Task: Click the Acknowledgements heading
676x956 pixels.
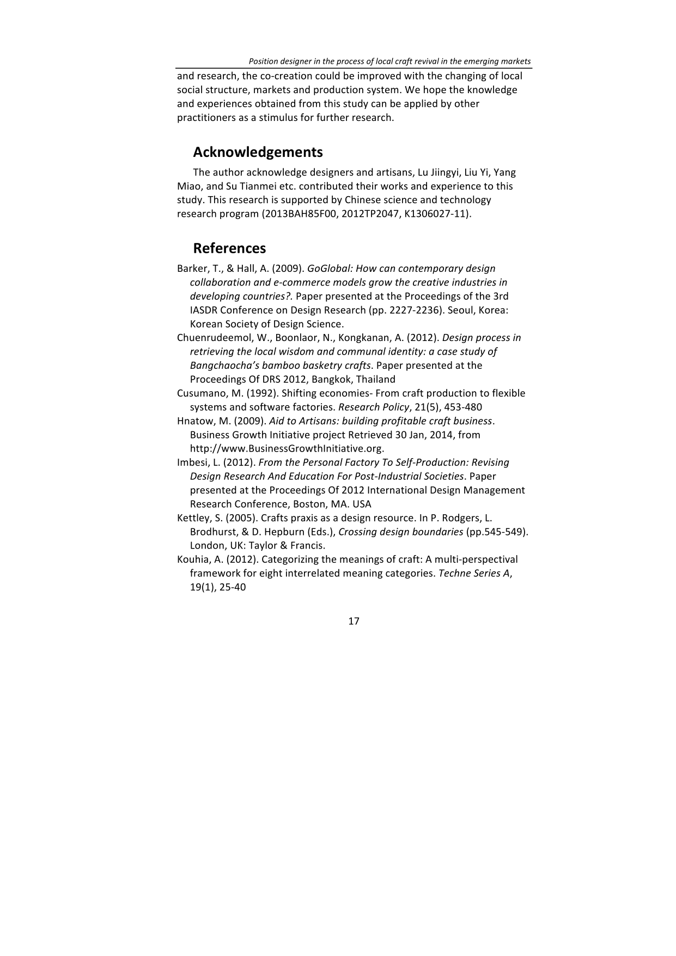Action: point(258,152)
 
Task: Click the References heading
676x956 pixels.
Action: point(229,248)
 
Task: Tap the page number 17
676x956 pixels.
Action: point(354,621)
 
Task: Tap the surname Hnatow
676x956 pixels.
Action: point(193,421)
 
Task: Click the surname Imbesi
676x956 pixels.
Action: point(191,462)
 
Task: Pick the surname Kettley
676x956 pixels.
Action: point(192,518)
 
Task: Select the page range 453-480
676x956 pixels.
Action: point(463,407)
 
